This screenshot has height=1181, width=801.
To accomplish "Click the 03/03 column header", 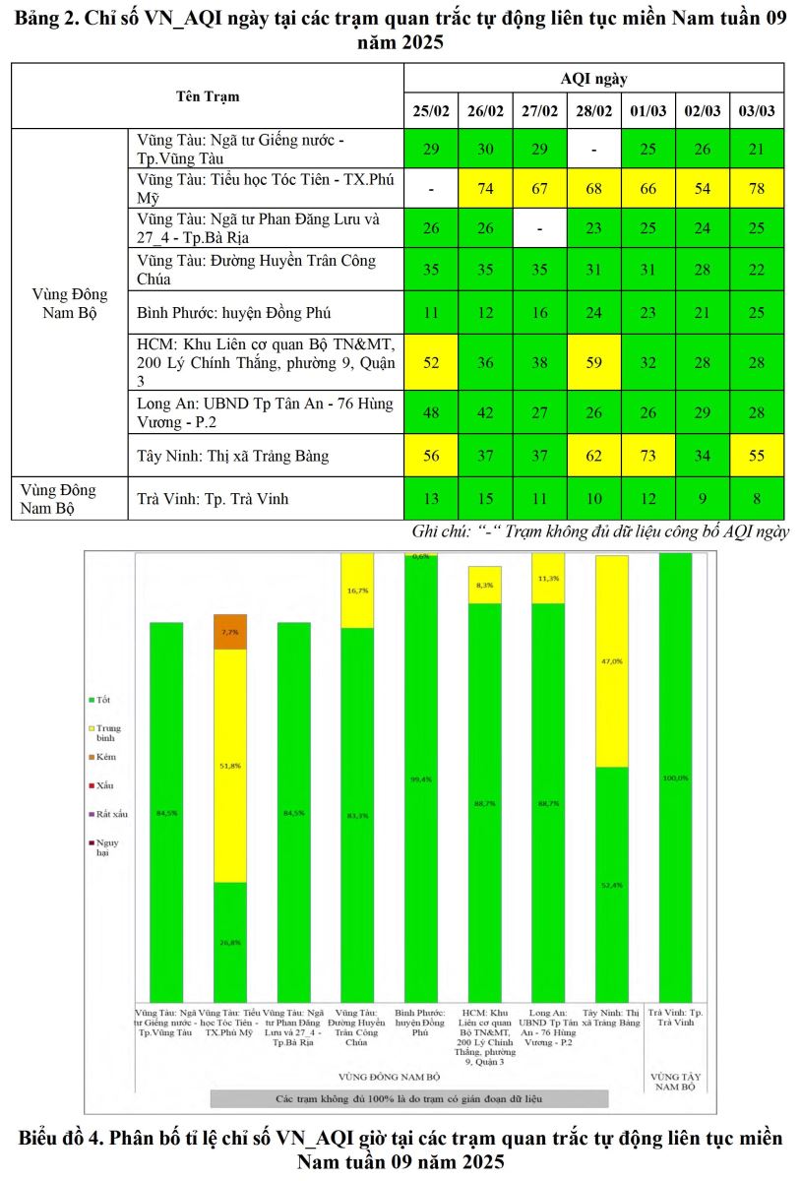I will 757,111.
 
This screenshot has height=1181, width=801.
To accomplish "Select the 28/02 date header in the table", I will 593,111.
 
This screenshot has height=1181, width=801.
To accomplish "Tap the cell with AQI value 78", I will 757,188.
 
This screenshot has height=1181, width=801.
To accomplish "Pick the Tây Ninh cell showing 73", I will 647,455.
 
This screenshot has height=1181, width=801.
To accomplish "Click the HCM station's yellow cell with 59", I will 593,361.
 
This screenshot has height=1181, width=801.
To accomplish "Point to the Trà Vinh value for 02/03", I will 702,499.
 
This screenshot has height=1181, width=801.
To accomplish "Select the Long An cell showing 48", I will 430,412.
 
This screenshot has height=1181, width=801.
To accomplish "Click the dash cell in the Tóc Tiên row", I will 430,188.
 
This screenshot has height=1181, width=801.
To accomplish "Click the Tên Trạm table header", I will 208,96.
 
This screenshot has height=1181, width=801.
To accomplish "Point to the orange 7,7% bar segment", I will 230,632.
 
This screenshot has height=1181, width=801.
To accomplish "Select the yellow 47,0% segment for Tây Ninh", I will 612,661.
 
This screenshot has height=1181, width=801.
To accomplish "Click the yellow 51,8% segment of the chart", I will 230,765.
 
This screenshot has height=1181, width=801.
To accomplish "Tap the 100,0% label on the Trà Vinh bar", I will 676,777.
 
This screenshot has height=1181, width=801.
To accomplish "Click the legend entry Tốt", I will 102,699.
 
